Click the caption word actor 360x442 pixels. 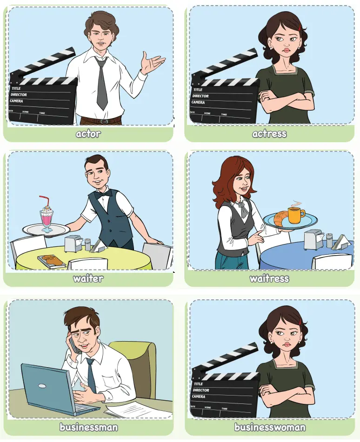(88, 134)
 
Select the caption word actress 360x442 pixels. (269, 134)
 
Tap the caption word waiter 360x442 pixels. (88, 279)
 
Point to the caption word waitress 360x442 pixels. (269, 279)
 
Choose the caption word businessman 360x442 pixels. (88, 427)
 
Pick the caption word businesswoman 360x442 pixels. (270, 427)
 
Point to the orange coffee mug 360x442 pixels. (296, 215)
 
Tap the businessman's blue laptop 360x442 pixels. (51, 388)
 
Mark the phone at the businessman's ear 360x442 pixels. (74, 344)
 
